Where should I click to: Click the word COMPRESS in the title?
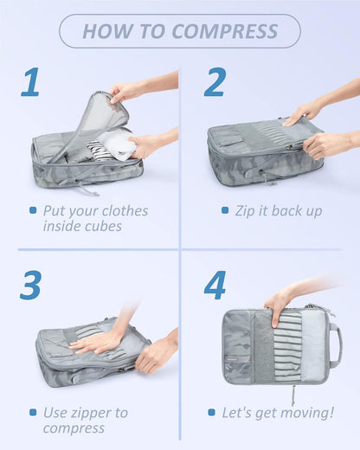pos(225,32)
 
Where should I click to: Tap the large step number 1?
pos(31,82)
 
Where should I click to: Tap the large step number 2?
pos(214,82)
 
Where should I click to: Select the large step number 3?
pos(31,286)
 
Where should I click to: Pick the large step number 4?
pos(214,286)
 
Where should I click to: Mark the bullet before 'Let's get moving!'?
pos(212,412)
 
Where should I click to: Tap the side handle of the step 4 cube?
pos(335,344)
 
